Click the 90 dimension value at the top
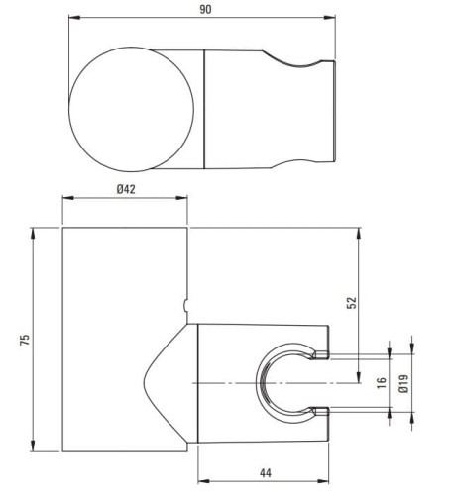pyautogui.click(x=204, y=8)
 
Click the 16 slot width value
pyautogui.click(x=382, y=383)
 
